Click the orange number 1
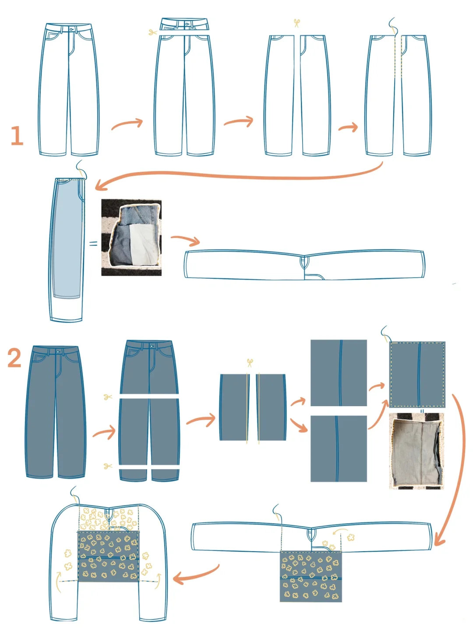(17, 135)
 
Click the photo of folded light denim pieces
(131, 238)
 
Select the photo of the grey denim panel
(416, 451)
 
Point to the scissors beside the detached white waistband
(152, 32)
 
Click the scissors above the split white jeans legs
(297, 23)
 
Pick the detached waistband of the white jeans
(184, 24)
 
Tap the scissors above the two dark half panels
(250, 362)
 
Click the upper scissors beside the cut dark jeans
(108, 397)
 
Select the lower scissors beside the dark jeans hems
(108, 466)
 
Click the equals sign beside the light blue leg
(93, 244)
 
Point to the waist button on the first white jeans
(72, 29)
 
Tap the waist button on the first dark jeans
(58, 351)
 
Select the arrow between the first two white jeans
(127, 124)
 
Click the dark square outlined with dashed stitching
(417, 375)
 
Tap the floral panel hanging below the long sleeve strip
(311, 576)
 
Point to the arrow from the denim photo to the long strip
(185, 239)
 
